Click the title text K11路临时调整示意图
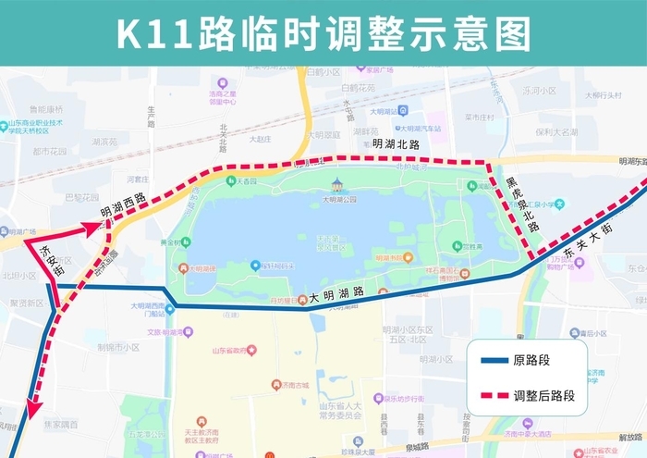click(x=323, y=33)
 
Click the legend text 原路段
click(x=537, y=362)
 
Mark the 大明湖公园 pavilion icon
click(x=337, y=184)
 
